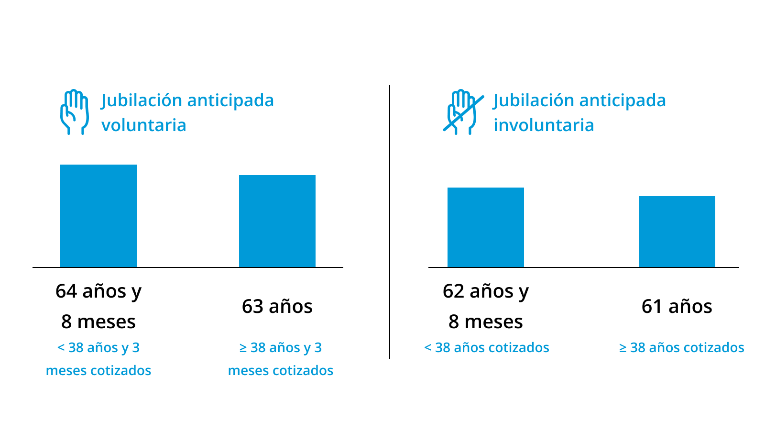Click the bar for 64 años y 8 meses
[98, 216]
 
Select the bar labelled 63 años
[277, 221]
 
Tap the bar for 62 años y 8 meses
[486, 227]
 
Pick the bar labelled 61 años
[677, 232]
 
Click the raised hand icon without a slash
[74, 112]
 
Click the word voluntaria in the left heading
[143, 125]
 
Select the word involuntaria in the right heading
[544, 125]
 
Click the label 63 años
[277, 306]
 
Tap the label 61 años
[677, 306]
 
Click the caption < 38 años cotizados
[487, 348]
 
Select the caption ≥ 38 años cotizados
[682, 348]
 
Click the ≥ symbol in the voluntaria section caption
[243, 348]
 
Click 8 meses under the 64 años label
[98, 322]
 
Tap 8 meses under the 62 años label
[486, 322]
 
